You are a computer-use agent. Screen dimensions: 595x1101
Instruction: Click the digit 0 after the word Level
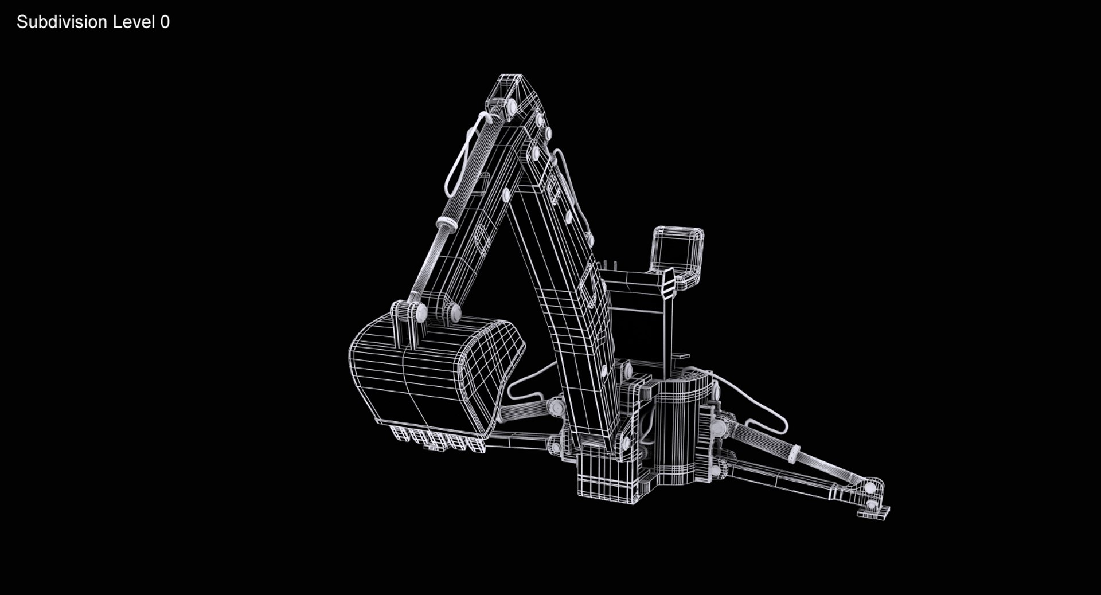click(165, 22)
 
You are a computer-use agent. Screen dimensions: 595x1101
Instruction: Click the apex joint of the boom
click(512, 92)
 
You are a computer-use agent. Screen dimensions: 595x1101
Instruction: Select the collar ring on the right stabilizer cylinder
click(794, 454)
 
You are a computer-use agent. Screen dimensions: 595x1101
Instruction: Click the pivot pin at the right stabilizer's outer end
click(870, 488)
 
